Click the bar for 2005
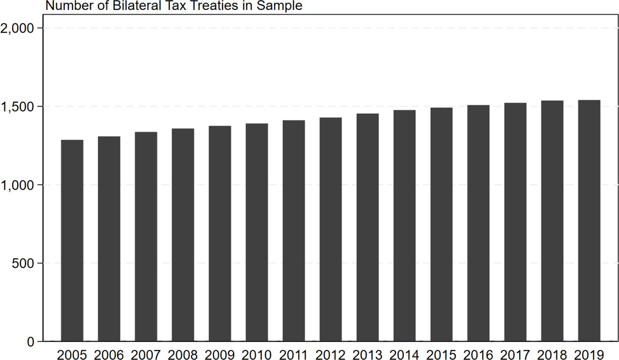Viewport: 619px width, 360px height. click(72, 240)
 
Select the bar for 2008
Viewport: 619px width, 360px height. click(183, 235)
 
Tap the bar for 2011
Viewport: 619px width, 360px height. click(294, 231)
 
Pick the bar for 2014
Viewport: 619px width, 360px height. click(404, 226)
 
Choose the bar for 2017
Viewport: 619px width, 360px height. click(515, 222)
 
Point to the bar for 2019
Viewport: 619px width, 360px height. click(589, 221)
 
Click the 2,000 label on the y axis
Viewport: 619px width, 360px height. click(17, 28)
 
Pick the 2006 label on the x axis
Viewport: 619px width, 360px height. click(109, 355)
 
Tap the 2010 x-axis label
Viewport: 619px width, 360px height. click(257, 355)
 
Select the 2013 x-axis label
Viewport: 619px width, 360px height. click(368, 355)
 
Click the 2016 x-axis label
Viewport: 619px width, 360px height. click(478, 355)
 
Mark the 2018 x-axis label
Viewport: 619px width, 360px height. click(552, 355)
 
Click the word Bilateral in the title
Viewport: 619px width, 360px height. click(137, 6)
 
